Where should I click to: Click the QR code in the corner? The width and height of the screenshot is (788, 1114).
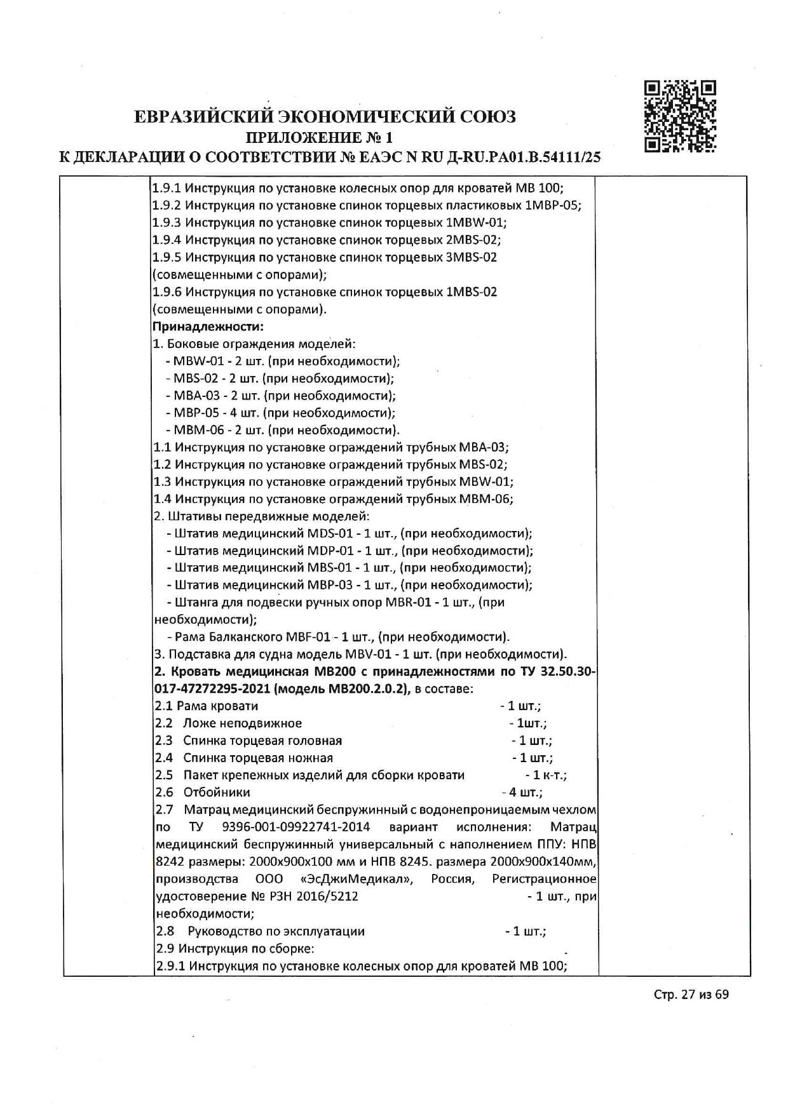(680, 116)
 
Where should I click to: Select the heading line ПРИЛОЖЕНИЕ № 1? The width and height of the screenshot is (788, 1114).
(320, 137)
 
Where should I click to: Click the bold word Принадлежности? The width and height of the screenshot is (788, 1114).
(208, 326)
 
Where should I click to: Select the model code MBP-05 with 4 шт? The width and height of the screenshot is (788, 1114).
(194, 413)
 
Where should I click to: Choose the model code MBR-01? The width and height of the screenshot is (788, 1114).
(407, 602)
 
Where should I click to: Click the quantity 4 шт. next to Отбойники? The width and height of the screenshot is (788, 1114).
(522, 792)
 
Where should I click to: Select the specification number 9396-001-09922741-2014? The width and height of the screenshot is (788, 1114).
(296, 827)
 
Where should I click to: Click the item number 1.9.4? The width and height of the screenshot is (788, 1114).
(167, 240)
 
